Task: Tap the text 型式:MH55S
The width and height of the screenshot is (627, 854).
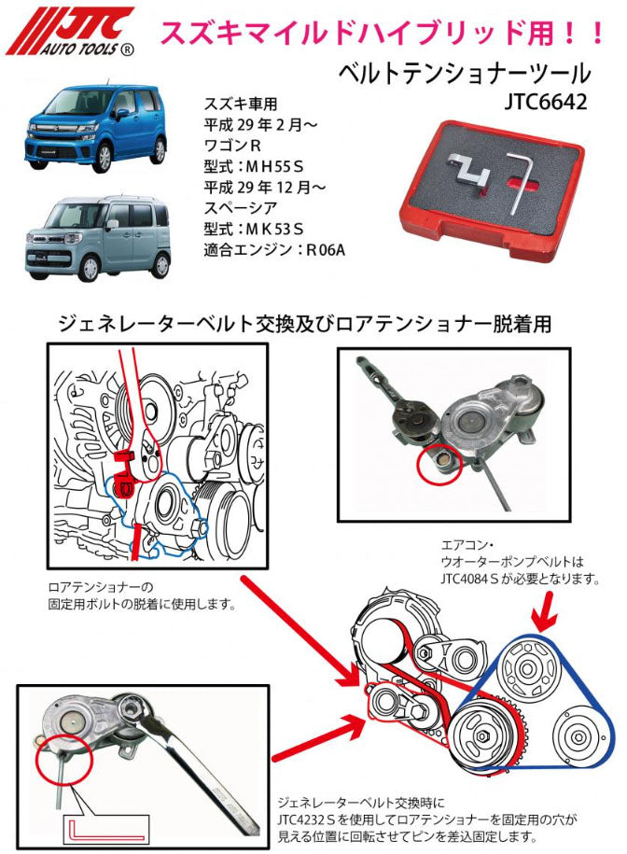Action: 247,165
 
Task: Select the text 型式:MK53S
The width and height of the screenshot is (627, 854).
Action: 247,228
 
